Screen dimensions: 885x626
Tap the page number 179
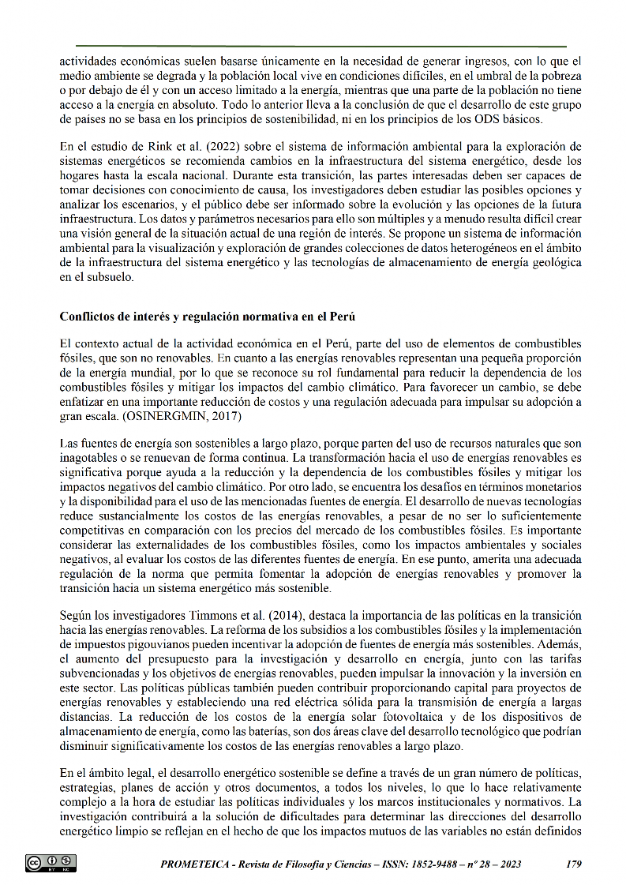coord(574,864)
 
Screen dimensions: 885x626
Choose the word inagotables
coord(91,459)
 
